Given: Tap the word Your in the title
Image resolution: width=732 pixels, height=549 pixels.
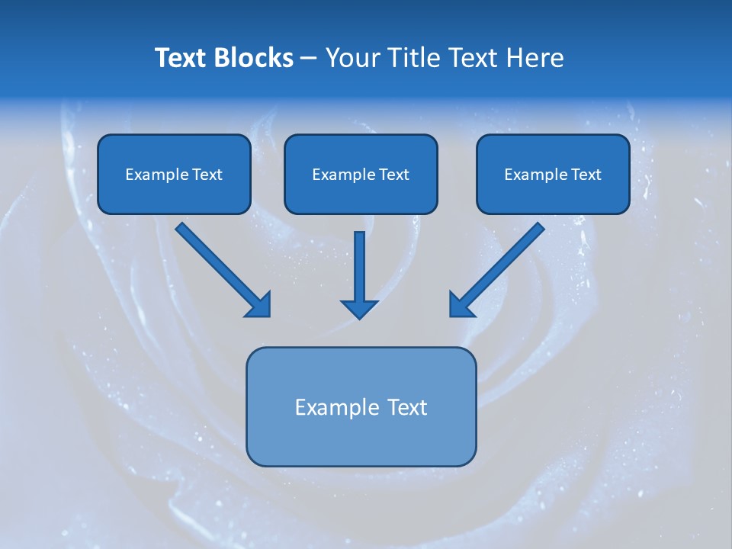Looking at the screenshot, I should (x=352, y=58).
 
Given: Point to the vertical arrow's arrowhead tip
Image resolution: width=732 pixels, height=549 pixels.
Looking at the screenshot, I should (x=359, y=316).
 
